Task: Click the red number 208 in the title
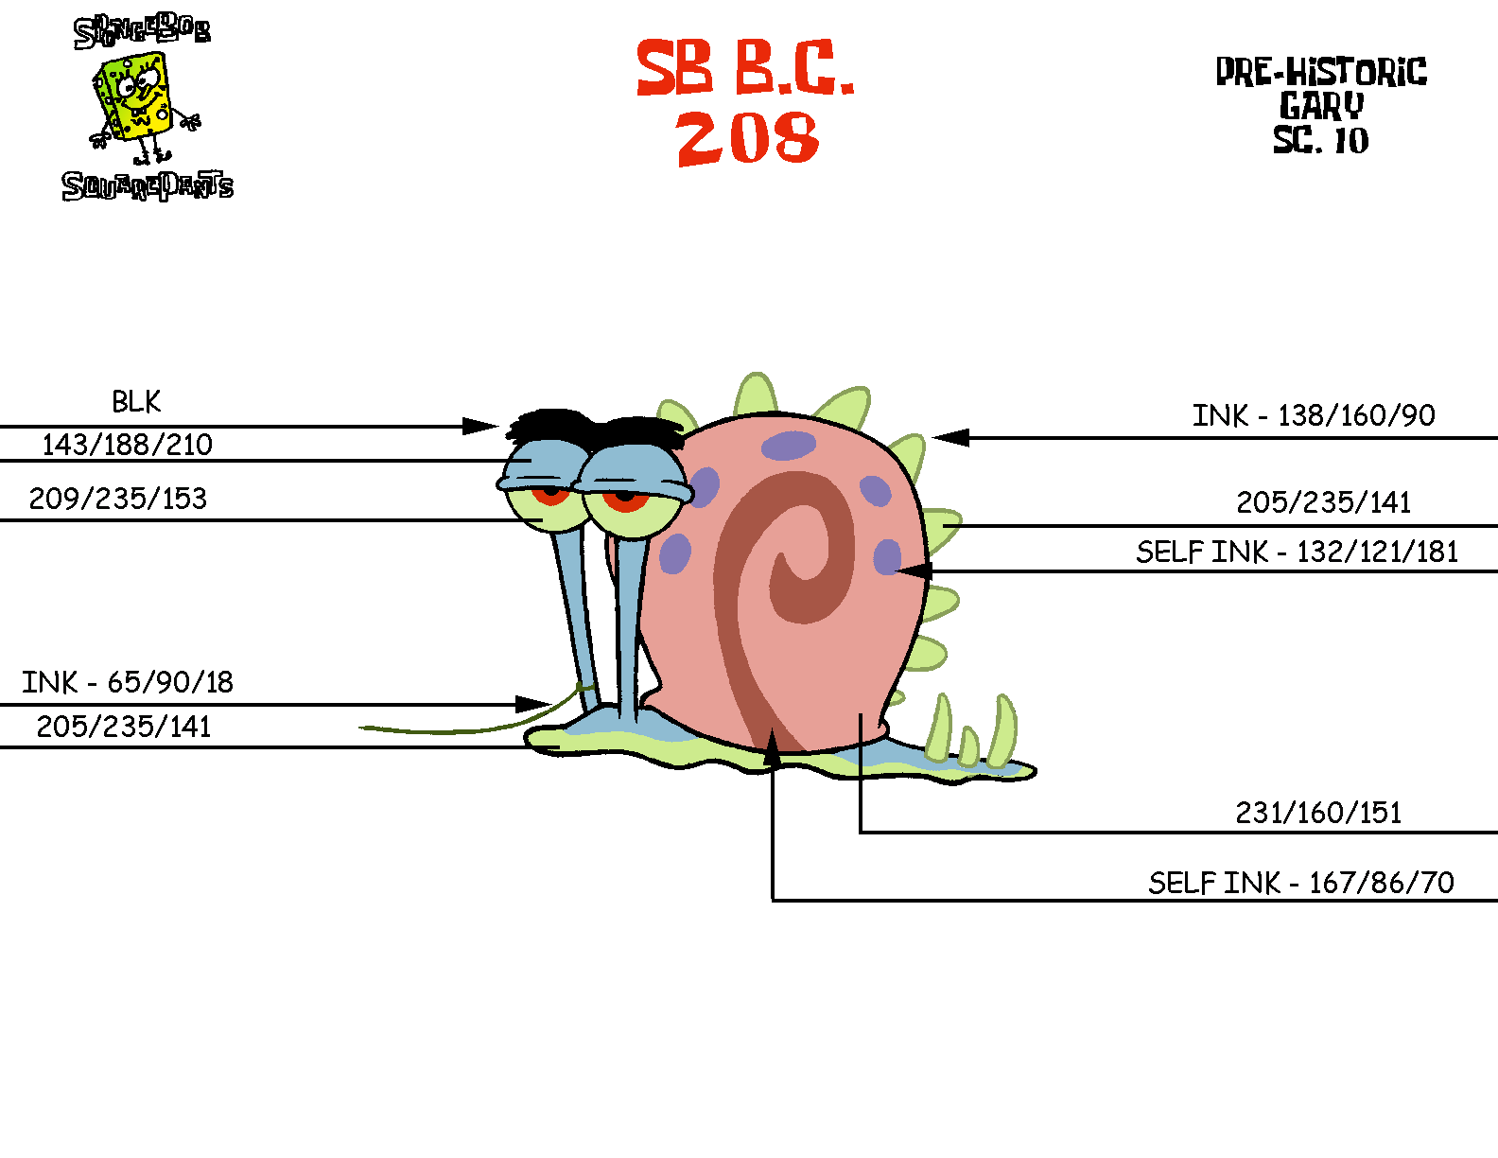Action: pyautogui.click(x=747, y=138)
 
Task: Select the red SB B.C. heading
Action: pyautogui.click(x=744, y=68)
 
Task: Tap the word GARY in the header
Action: pyautogui.click(x=1321, y=105)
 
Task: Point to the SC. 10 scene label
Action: pyautogui.click(x=1321, y=140)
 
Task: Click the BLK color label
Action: pyautogui.click(x=136, y=402)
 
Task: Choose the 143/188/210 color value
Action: pyautogui.click(x=127, y=444)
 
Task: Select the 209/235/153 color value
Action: pyautogui.click(x=118, y=499)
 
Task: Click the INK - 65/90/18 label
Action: pyautogui.click(x=128, y=682)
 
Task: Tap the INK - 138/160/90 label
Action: pyautogui.click(x=1314, y=415)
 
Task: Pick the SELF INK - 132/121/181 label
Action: pyautogui.click(x=1298, y=552)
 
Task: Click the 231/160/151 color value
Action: pyautogui.click(x=1318, y=813)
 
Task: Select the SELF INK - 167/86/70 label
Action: pyautogui.click(x=1301, y=883)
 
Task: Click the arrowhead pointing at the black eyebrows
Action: pyautogui.click(x=482, y=427)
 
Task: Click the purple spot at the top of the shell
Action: pyautogui.click(x=788, y=445)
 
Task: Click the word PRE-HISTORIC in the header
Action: pyautogui.click(x=1321, y=72)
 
